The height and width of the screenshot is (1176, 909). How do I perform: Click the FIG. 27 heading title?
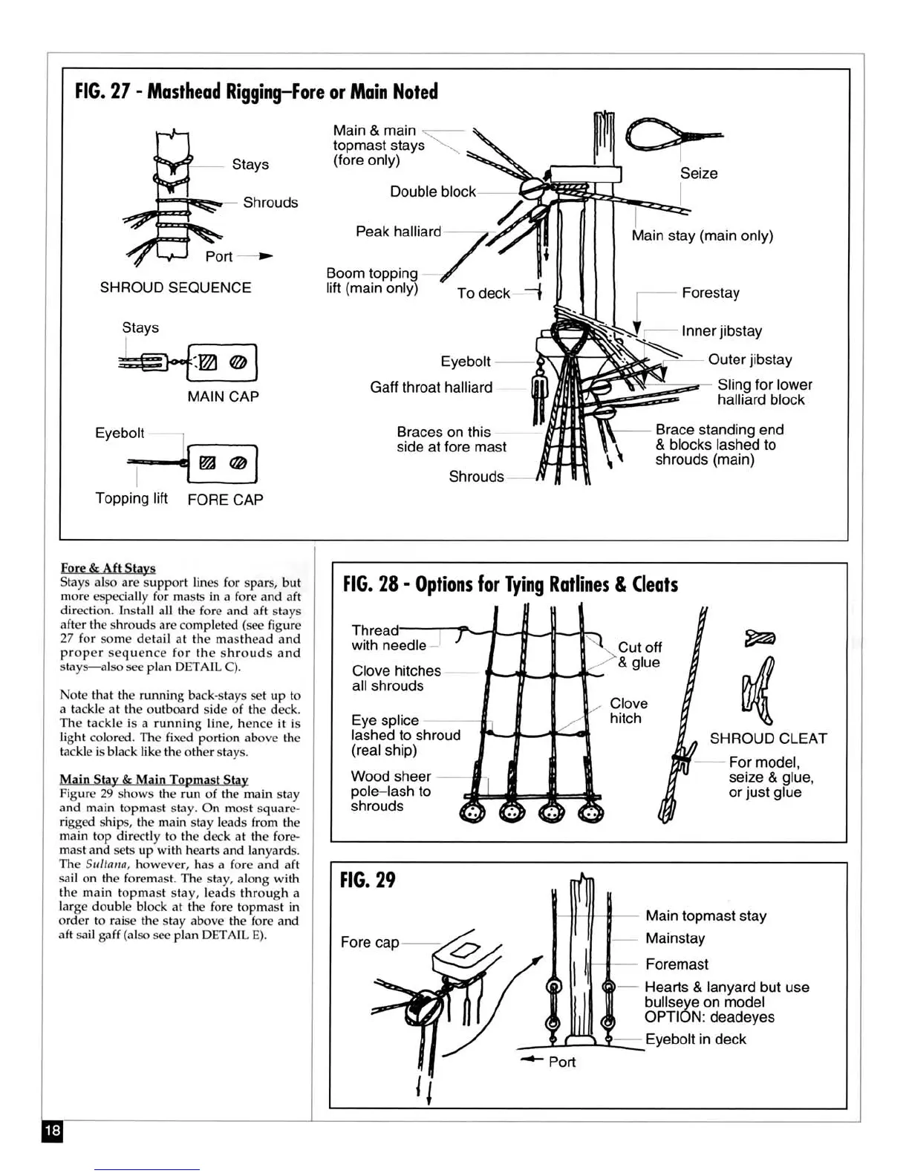pos(256,91)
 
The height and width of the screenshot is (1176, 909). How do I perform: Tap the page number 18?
pos(52,1131)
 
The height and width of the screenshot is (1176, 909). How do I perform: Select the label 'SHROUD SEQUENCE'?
pos(175,287)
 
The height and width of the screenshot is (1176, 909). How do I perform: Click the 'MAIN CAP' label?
pos(223,396)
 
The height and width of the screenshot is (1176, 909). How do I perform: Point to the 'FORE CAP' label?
pos(225,500)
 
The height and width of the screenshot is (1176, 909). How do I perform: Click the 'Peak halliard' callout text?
pos(398,232)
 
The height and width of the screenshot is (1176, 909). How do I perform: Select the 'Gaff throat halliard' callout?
pos(431,388)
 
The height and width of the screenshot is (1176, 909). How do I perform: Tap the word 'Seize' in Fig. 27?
pos(699,173)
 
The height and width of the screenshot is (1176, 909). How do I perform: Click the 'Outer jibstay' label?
pos(749,359)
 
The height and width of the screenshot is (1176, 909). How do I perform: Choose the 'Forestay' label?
pos(710,293)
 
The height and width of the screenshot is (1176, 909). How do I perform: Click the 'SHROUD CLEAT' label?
pos(768,739)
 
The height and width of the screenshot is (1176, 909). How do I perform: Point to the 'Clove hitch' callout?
pos(628,710)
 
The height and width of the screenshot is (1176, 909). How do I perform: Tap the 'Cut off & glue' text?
pos(639,655)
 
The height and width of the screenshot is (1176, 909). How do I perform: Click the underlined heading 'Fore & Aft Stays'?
pos(108,568)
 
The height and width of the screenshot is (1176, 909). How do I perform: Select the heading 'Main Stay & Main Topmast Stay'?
pos(154,780)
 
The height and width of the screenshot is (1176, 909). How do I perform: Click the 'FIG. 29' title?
pos(368,881)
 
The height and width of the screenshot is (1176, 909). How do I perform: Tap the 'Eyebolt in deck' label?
pos(695,1039)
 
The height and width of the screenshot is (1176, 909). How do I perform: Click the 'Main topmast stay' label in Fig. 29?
pos(706,916)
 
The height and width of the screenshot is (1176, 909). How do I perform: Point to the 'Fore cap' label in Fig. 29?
pos(369,942)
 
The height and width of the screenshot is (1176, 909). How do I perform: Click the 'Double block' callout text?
pos(432,192)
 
